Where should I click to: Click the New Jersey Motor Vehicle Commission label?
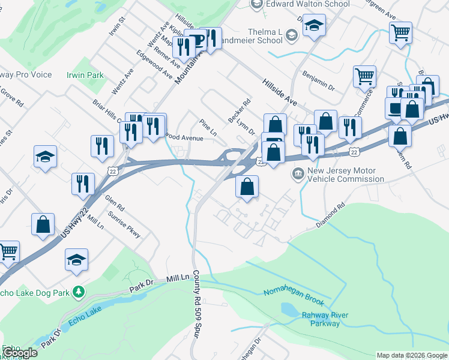[x=345, y=175]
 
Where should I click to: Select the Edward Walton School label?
[x=308, y=4]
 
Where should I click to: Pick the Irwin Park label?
[x=86, y=75]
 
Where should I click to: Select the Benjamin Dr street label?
[x=318, y=83]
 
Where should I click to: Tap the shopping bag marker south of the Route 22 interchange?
[x=247, y=187]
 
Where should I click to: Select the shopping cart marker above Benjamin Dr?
[x=364, y=76]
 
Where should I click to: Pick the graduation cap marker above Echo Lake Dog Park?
[x=76, y=260]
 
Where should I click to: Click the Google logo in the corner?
[x=19, y=353]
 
